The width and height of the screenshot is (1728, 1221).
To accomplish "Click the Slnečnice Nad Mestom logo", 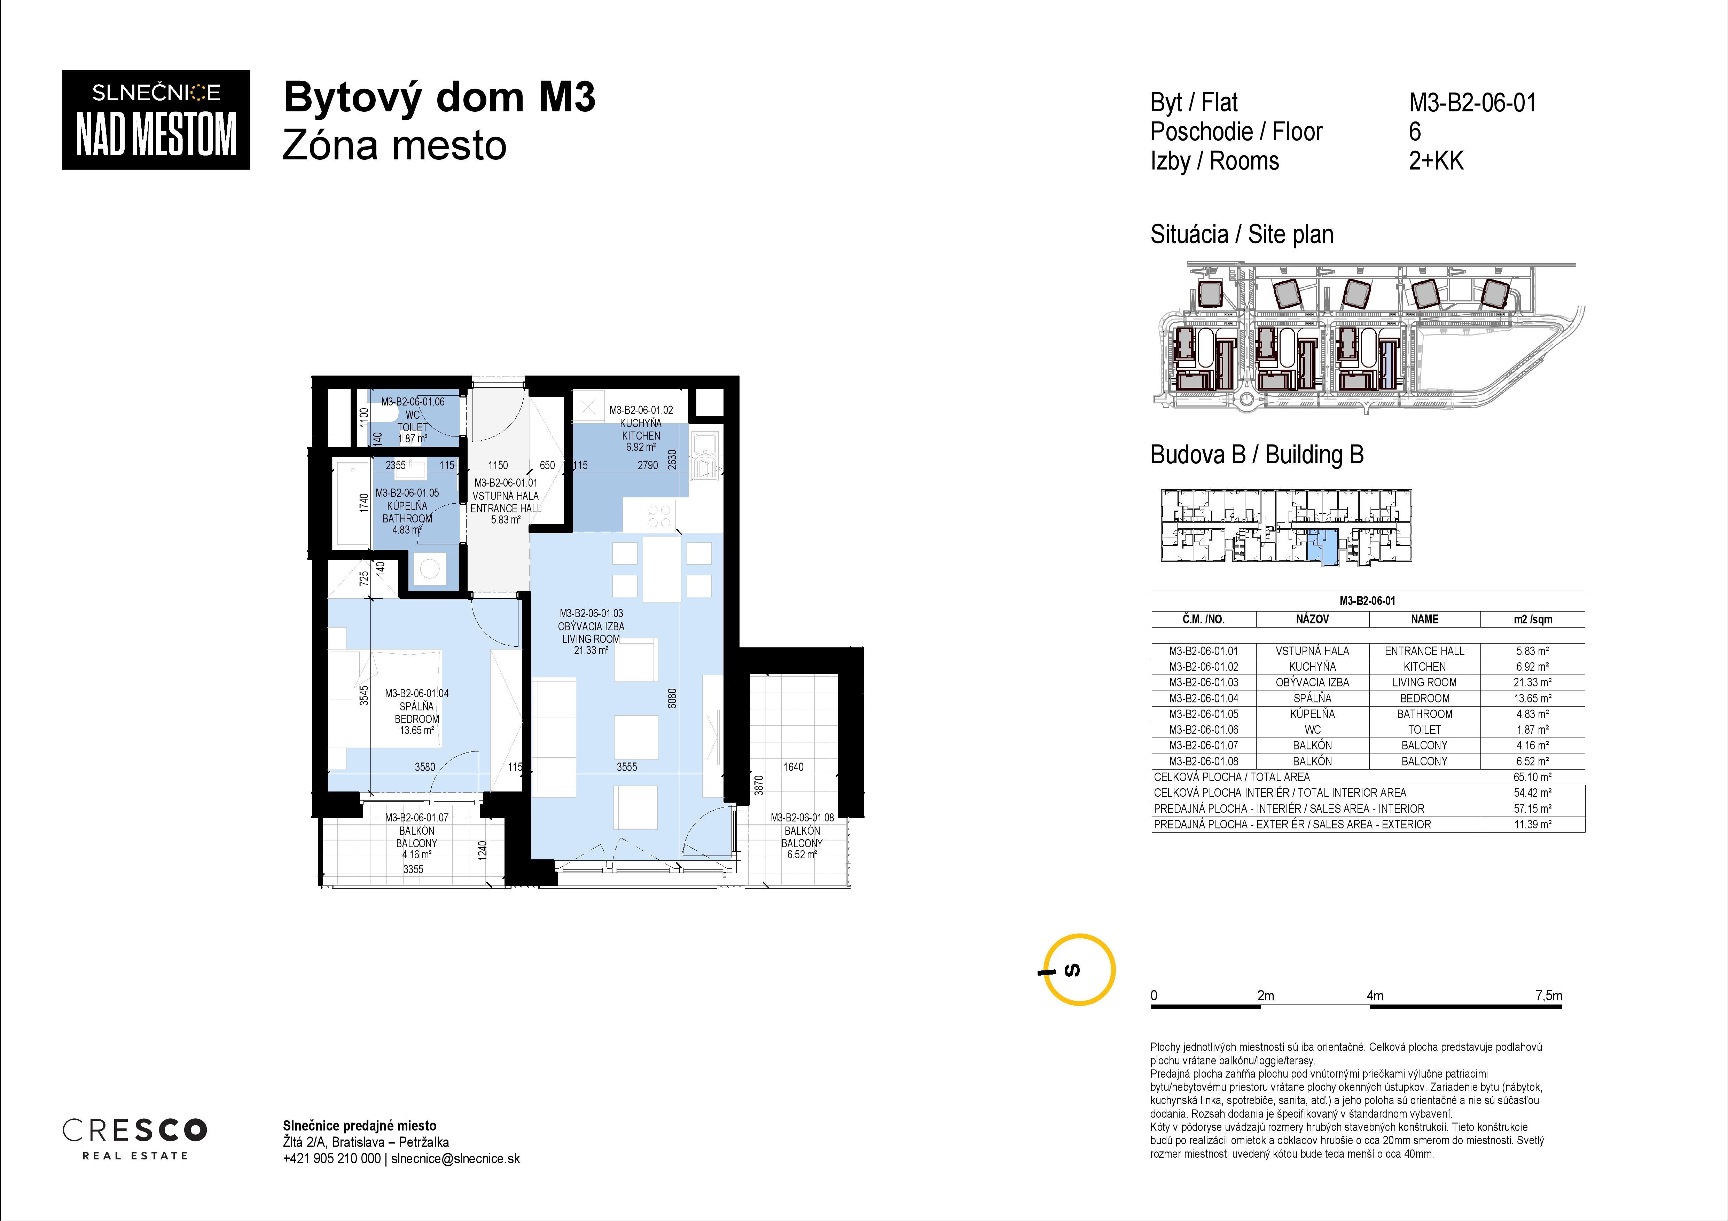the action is point(156,120).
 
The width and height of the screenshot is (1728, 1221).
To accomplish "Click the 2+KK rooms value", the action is point(1436,161).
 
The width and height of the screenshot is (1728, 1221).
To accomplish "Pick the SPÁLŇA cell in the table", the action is point(1313,698).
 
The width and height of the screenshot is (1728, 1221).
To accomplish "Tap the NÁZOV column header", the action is point(1313,619).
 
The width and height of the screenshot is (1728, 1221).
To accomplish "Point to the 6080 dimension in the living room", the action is point(672,698).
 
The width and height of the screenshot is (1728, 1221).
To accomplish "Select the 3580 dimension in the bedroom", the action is point(425,766).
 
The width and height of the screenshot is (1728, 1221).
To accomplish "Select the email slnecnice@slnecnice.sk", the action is point(455,1159).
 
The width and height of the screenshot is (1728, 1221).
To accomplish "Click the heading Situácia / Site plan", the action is point(1242,235).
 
